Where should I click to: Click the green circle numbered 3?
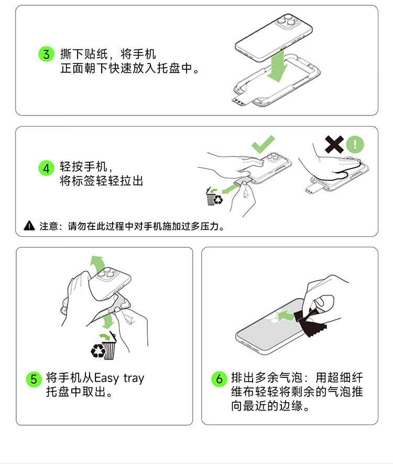[x=47, y=54]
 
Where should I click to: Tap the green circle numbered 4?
[x=47, y=168]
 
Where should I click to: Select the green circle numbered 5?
[x=34, y=379]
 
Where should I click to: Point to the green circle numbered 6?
[x=219, y=379]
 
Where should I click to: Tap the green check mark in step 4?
[x=263, y=144]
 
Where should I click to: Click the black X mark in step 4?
[x=334, y=144]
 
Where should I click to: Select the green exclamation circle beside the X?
[x=355, y=144]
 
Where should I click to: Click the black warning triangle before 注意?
[x=29, y=226]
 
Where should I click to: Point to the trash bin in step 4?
[x=211, y=196]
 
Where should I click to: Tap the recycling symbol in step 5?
[x=98, y=351]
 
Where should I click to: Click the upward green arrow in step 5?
[x=98, y=264]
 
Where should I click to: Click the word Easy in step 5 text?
[x=106, y=378]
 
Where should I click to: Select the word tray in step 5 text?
[x=134, y=378]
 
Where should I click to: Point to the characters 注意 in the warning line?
[x=49, y=226]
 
